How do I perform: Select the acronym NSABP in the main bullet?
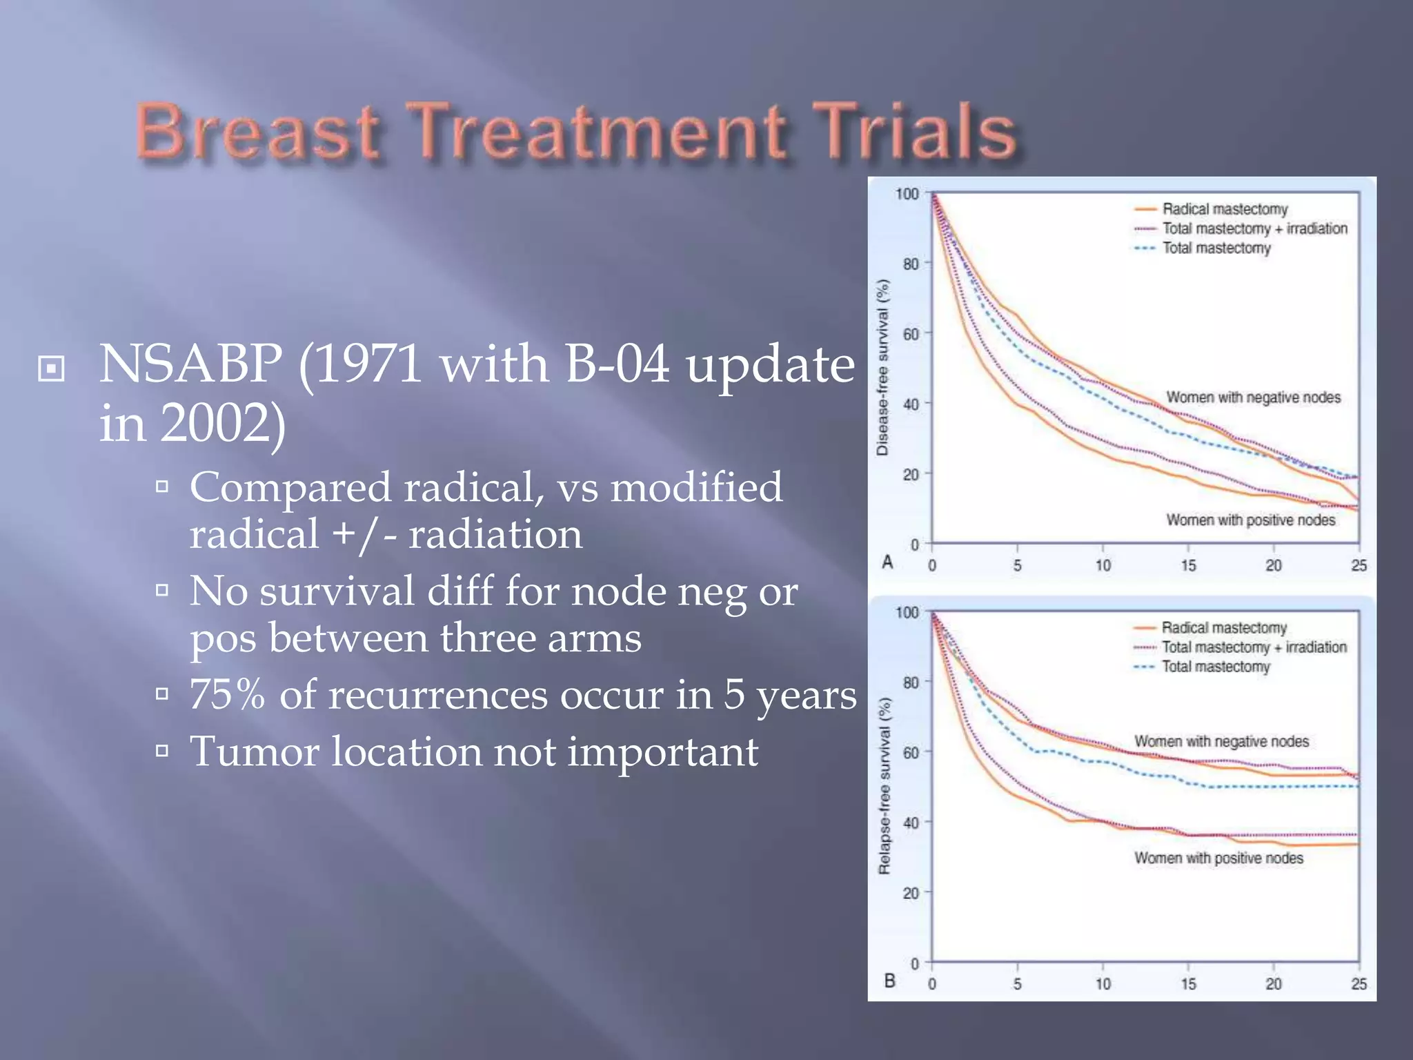(190, 363)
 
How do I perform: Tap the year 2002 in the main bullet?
(217, 422)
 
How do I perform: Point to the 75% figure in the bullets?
(227, 694)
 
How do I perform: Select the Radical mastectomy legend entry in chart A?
(1224, 209)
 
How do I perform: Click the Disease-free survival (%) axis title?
(882, 367)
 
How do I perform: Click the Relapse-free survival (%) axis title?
(884, 785)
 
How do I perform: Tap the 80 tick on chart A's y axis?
(911, 264)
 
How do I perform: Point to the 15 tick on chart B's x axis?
(1188, 983)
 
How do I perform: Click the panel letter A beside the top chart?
(888, 562)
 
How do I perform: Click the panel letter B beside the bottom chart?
(889, 980)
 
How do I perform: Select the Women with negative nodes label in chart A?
(1253, 397)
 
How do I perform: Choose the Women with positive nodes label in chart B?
(1218, 858)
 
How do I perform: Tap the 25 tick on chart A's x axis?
(1358, 565)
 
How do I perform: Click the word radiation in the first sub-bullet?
(495, 534)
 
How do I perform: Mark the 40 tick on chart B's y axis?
(911, 823)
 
